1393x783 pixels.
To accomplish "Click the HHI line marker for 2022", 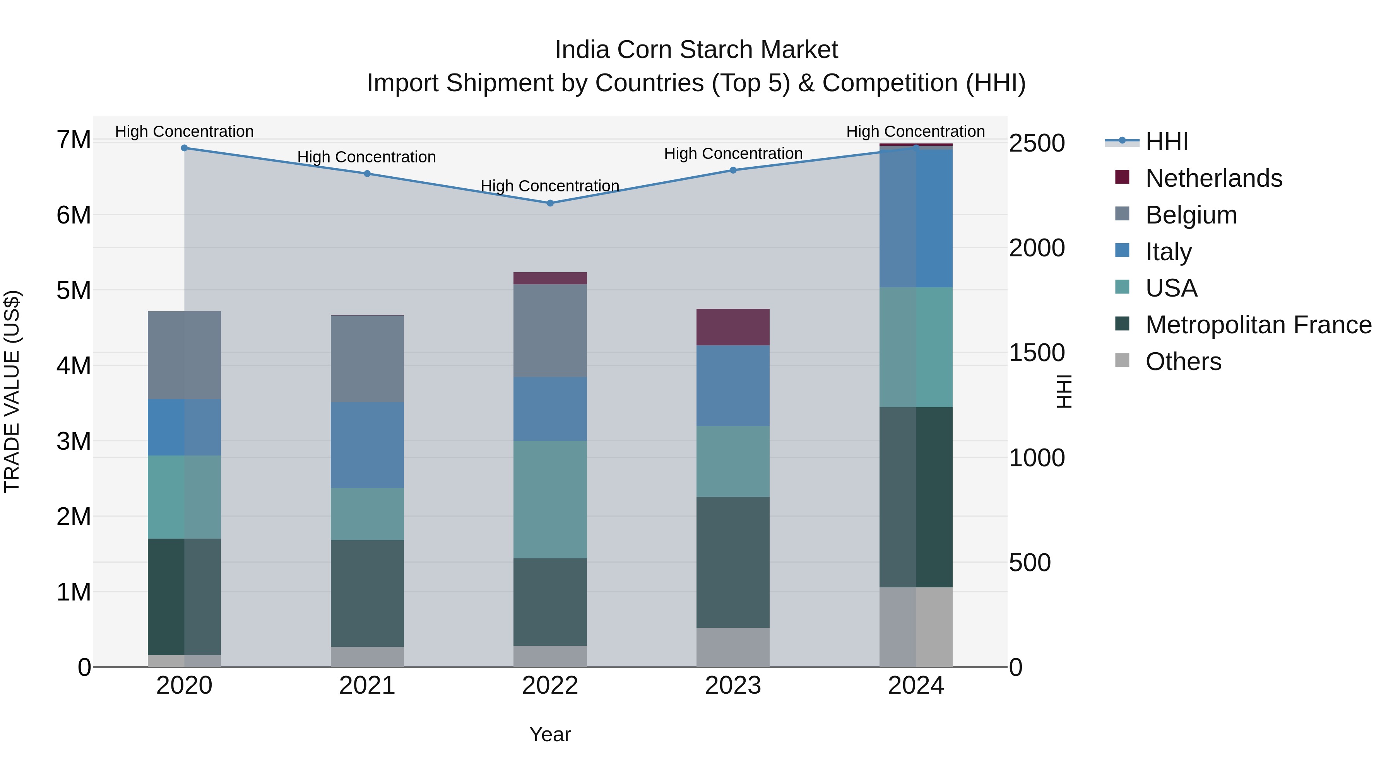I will click(550, 203).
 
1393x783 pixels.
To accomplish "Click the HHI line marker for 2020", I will click(185, 148).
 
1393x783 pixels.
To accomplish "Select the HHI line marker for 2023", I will click(733, 170).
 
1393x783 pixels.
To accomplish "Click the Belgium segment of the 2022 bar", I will click(550, 331).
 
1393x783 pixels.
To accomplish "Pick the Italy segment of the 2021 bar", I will click(367, 445).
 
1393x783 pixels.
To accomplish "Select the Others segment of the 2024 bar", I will click(916, 627).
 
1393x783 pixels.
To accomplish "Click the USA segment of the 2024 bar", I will click(916, 348).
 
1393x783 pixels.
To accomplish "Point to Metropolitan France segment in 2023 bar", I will click(733, 563).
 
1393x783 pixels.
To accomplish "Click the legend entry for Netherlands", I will click(1213, 178).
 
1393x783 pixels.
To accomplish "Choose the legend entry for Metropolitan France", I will click(1258, 325).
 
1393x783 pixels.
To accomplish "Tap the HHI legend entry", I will click(1166, 142).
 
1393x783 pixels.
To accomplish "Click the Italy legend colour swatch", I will click(1122, 251).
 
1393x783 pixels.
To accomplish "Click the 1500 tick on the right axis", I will click(1037, 353).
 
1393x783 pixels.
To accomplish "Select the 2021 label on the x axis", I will click(367, 686).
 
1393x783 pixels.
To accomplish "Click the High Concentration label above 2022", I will click(550, 186).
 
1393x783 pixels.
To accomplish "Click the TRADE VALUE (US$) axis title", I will click(12, 391).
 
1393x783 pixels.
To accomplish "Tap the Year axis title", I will click(550, 734).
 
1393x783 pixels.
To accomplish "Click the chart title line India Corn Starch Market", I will click(696, 50).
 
